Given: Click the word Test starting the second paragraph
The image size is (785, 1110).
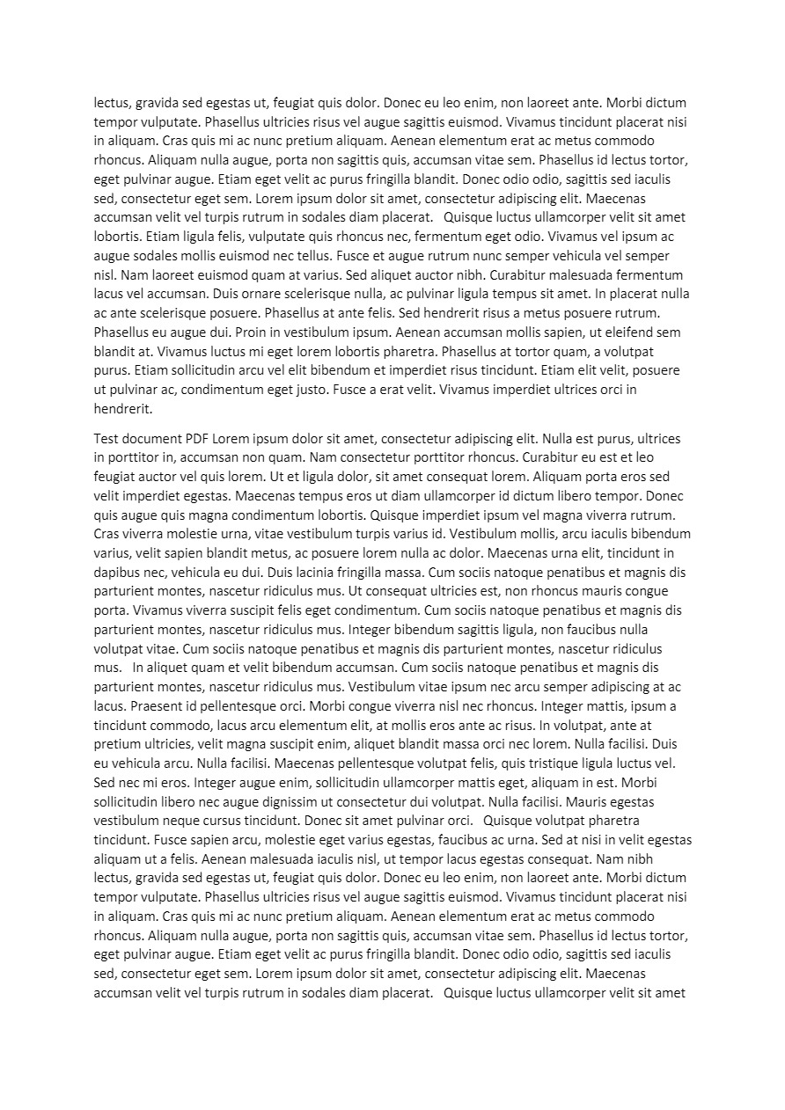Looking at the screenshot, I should tap(107, 439).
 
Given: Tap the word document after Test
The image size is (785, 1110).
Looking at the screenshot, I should tap(153, 439).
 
